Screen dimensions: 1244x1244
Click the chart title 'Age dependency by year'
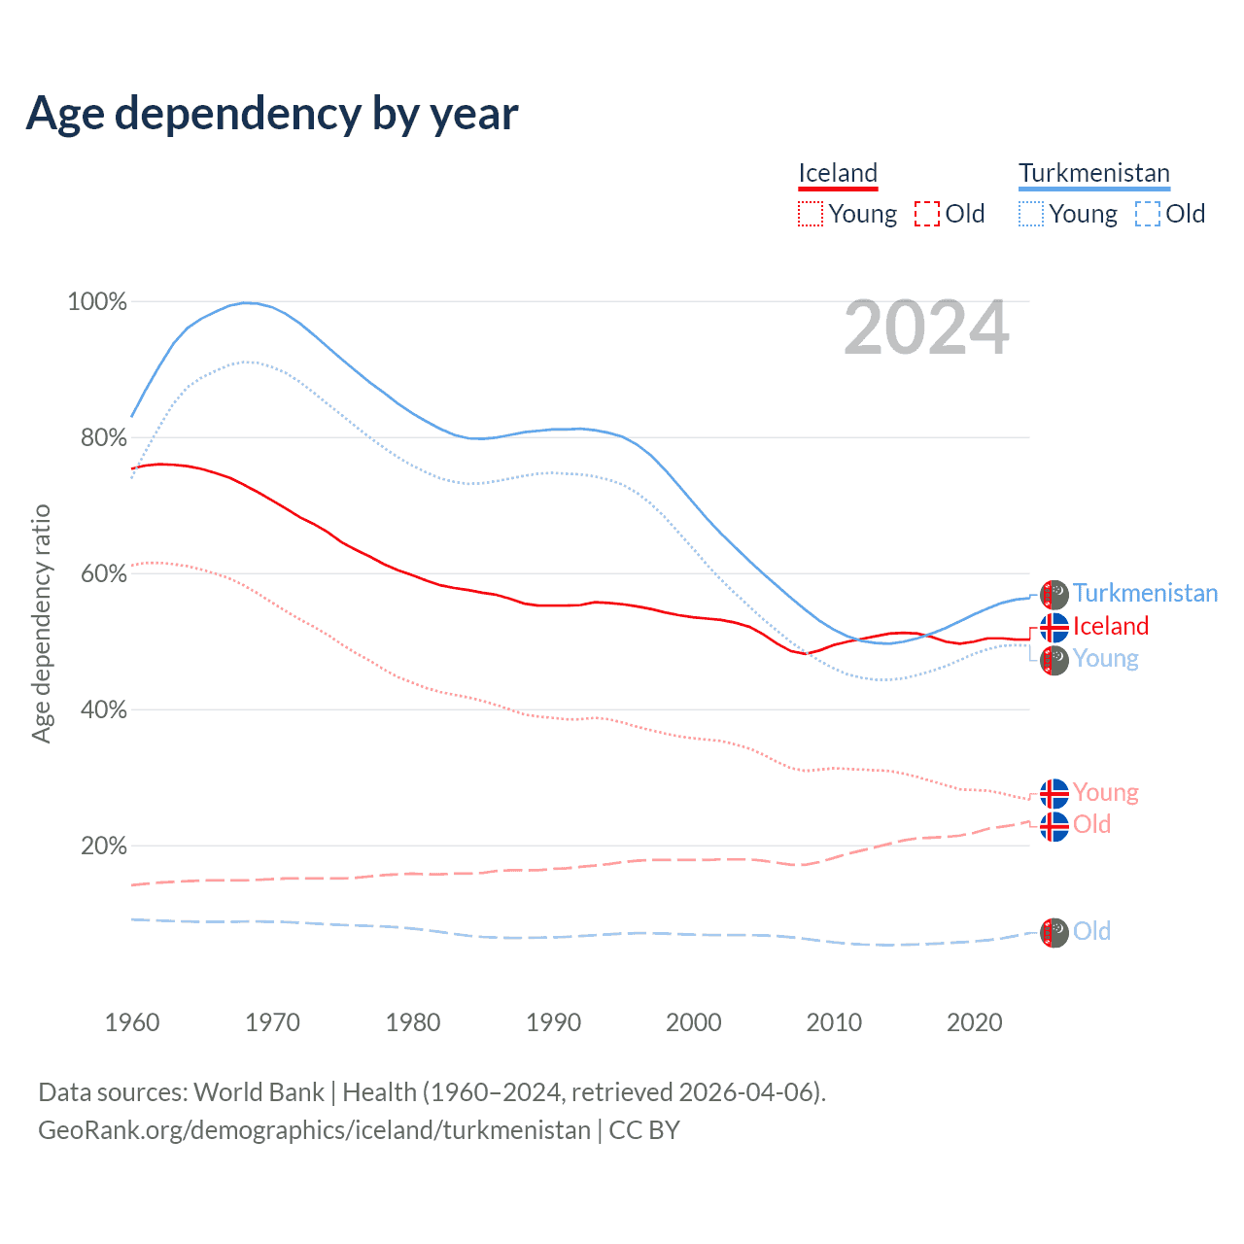tap(272, 114)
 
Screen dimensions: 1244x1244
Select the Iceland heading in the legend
tap(838, 173)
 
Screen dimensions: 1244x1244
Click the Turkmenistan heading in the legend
tap(1093, 173)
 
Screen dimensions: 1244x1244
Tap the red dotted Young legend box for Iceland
tap(811, 214)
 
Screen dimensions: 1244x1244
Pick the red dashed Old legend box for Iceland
tap(927, 214)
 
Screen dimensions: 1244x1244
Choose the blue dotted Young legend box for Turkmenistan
tap(1031, 214)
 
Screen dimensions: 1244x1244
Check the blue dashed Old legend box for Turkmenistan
tap(1148, 214)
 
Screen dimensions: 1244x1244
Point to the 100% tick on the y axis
tap(97, 302)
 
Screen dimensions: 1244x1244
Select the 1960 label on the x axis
tap(132, 1022)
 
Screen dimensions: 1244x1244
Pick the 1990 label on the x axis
tap(553, 1022)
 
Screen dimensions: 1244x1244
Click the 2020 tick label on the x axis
tap(974, 1022)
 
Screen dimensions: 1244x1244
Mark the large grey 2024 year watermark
tap(926, 328)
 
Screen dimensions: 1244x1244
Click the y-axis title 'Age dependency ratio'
tap(41, 623)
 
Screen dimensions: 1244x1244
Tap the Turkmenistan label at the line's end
tap(1145, 593)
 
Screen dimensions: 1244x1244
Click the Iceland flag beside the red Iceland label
tap(1054, 627)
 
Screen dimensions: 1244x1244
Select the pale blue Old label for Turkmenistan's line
tap(1091, 931)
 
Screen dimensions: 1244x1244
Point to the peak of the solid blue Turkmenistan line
tap(248, 302)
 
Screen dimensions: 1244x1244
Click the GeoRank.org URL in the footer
tap(314, 1130)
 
